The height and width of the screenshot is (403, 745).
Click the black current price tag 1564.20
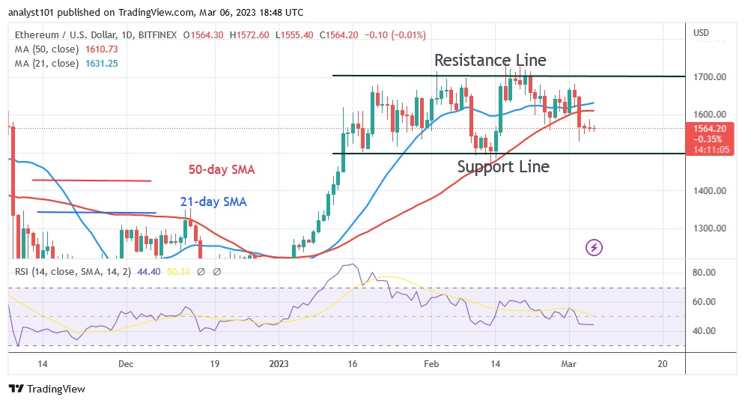click(708, 128)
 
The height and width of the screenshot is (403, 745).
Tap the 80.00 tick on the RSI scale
click(705, 273)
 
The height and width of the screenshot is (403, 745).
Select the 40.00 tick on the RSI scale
click(705, 330)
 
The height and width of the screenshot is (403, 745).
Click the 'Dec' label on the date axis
click(125, 364)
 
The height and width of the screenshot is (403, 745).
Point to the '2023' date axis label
click(279, 364)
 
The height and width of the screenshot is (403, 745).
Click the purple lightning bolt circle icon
click(595, 246)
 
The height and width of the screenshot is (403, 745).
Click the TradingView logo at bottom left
click(46, 389)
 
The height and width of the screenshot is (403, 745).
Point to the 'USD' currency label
click(702, 32)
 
